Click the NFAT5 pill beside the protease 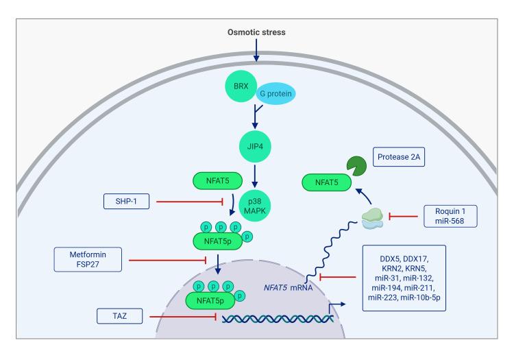324,183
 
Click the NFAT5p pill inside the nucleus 212,300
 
